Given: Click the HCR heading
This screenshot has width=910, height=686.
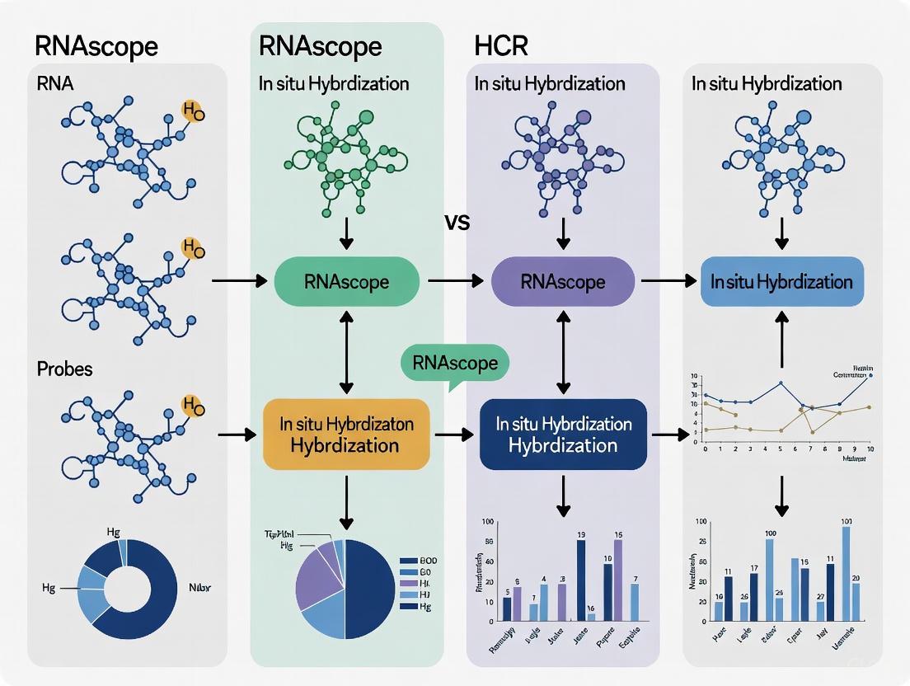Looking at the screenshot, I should (x=501, y=46).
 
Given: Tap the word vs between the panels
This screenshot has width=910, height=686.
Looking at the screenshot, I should (x=457, y=223).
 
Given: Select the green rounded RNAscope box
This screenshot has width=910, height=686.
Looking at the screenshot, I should (x=346, y=282).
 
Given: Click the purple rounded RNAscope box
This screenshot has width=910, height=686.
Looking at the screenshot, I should (x=563, y=282).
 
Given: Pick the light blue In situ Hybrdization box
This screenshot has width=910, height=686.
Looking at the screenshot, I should (x=781, y=282).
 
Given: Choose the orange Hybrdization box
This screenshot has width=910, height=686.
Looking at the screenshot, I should (x=346, y=434).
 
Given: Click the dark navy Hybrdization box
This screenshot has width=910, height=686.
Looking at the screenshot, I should (x=563, y=434).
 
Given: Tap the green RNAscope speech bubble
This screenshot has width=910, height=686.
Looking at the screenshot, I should (x=455, y=364).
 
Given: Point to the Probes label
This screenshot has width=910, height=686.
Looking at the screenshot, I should (x=65, y=369).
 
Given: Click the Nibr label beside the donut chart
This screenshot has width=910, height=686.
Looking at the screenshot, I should (x=200, y=589).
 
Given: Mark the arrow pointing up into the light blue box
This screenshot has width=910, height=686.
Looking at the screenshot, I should (x=781, y=341).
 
